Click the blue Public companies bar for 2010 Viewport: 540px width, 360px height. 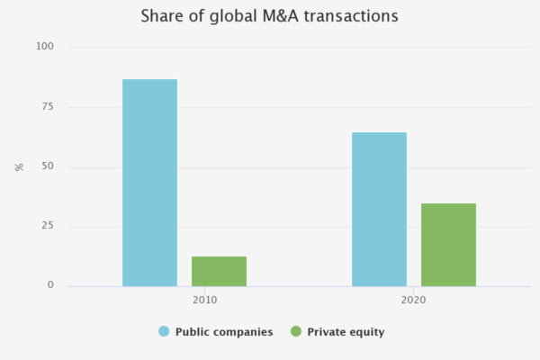(x=149, y=183)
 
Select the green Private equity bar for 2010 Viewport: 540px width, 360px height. (x=219, y=271)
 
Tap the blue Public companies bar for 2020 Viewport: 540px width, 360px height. (x=379, y=209)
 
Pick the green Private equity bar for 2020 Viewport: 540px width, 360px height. (x=448, y=245)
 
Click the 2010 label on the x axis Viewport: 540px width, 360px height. (x=204, y=299)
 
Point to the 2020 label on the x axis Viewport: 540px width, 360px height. (x=413, y=299)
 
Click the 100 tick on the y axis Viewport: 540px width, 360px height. (x=44, y=47)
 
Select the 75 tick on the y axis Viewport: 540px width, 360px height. (x=47, y=106)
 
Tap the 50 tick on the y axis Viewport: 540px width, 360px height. (x=47, y=166)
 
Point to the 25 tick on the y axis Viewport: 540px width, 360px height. (x=47, y=226)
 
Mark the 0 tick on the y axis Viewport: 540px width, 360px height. (x=50, y=285)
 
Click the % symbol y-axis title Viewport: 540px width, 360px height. (x=19, y=166)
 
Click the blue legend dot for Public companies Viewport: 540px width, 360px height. (x=164, y=332)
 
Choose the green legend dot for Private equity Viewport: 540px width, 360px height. (x=295, y=332)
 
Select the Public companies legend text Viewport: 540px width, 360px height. (x=224, y=332)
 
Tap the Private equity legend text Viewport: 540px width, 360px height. (x=346, y=332)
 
